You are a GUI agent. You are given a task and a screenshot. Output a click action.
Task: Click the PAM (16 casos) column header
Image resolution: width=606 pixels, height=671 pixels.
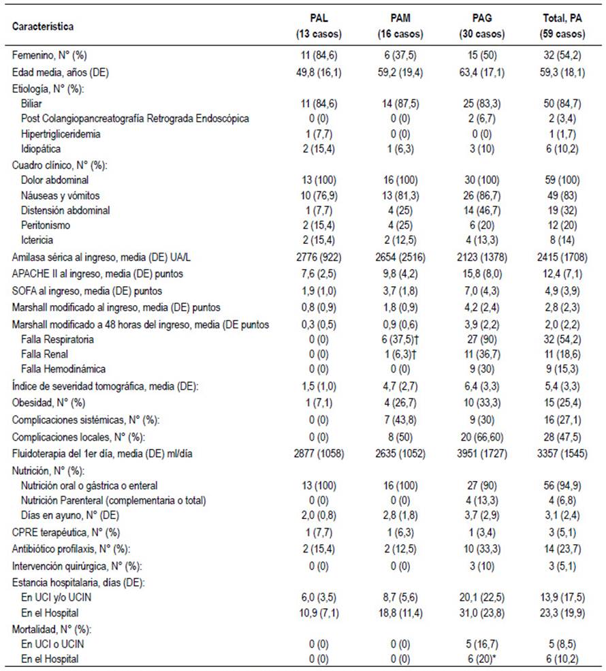400,26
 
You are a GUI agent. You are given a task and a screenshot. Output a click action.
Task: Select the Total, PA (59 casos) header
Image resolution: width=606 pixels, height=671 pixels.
562,26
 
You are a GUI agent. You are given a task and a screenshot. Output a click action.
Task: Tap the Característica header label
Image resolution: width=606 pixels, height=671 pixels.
43,27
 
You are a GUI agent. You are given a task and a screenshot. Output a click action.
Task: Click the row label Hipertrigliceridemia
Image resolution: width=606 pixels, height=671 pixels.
61,134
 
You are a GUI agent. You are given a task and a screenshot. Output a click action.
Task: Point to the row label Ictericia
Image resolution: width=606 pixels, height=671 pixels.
37,240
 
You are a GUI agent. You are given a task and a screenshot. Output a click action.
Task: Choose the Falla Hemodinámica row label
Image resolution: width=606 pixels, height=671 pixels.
63,369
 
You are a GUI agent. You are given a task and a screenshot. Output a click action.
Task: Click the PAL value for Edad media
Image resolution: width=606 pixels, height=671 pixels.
319,72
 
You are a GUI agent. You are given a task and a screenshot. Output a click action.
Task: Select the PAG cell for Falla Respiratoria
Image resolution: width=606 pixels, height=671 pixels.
481,339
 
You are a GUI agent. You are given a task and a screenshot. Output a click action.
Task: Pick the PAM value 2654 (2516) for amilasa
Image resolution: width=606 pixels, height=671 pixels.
400,258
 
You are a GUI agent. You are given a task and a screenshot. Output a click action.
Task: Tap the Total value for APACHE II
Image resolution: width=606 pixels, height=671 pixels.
562,274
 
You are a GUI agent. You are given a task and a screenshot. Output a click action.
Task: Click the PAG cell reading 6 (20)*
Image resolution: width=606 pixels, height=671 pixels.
481,659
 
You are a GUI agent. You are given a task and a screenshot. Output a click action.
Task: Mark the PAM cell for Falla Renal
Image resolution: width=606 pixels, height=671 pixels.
400,354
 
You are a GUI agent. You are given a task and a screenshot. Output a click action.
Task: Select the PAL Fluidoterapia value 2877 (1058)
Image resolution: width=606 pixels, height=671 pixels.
319,454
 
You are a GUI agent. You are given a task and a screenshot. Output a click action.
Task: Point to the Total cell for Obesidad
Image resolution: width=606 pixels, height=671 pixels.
562,403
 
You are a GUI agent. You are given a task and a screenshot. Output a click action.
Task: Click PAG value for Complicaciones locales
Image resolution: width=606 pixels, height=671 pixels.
481,437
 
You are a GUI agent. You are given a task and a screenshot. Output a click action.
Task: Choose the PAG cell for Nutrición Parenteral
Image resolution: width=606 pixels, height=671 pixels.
481,501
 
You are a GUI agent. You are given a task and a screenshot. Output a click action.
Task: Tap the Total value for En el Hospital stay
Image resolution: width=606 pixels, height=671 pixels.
562,613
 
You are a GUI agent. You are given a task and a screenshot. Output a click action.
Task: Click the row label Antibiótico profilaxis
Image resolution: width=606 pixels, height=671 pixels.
71,549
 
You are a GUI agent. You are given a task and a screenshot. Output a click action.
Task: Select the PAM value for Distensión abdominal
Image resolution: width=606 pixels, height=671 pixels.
400,210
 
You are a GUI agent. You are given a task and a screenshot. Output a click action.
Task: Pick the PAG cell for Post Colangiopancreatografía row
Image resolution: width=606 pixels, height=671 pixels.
481,119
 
